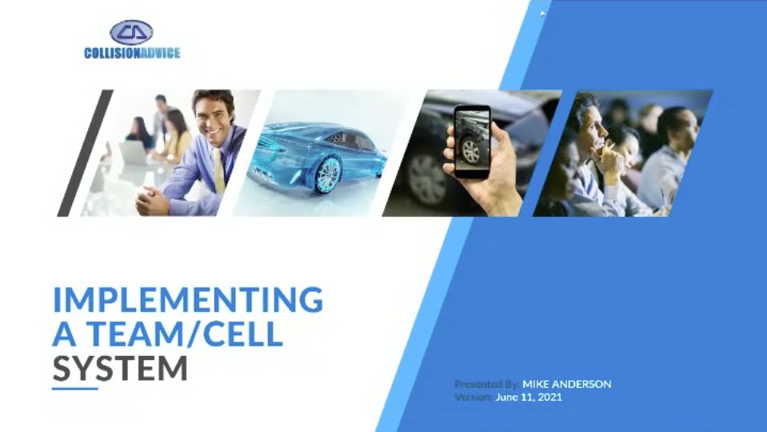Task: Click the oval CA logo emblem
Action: pyautogui.click(x=132, y=32)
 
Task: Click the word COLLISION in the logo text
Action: pyautogui.click(x=112, y=53)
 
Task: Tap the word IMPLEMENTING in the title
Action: pyautogui.click(x=188, y=299)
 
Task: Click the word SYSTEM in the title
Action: pyautogui.click(x=120, y=368)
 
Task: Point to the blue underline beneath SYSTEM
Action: pyautogui.click(x=75, y=389)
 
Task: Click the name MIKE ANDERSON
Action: pyautogui.click(x=566, y=384)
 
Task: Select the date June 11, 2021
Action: pyautogui.click(x=529, y=397)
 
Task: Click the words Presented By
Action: pyautogui.click(x=486, y=384)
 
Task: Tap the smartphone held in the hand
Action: pyautogui.click(x=472, y=141)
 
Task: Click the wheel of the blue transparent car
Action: pyautogui.click(x=327, y=174)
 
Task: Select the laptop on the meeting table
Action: pyautogui.click(x=132, y=152)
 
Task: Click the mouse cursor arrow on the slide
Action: pyautogui.click(x=542, y=14)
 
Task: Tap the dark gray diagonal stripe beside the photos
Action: pyautogui.click(x=85, y=153)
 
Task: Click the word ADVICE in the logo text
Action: pyautogui.click(x=161, y=53)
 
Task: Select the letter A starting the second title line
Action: pyautogui.click(x=64, y=334)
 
